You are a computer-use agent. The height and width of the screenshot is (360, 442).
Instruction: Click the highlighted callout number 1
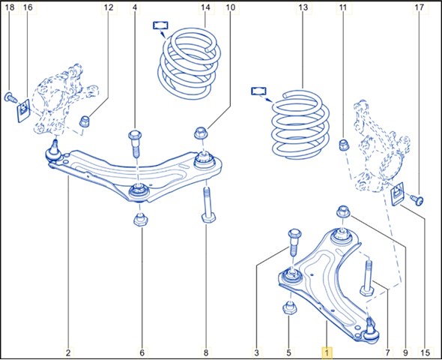pos(327,352)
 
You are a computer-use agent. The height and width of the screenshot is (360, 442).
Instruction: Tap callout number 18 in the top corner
pos(10,7)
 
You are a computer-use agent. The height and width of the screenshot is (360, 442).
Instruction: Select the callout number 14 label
pos(205,7)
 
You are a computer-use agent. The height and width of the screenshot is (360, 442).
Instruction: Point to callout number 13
pos(303,7)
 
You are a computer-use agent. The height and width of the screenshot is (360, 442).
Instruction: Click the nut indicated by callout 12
pos(85,121)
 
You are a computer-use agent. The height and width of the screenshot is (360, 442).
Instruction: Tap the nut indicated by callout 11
pos(343,145)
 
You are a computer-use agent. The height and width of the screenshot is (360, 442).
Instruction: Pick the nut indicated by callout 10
pos(201,133)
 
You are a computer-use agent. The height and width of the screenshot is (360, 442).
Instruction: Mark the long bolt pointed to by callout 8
pos(208,205)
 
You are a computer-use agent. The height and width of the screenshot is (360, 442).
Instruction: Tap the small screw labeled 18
pos(11,97)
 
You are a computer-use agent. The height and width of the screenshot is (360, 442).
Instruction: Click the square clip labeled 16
pos(24,110)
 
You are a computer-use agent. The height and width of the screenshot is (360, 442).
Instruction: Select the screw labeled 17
pos(417,200)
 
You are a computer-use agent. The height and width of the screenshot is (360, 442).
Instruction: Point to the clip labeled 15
pos(398,193)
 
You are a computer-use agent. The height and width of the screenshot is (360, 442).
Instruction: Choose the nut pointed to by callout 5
pos(289,307)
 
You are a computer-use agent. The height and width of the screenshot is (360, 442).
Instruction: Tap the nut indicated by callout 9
pos(343,211)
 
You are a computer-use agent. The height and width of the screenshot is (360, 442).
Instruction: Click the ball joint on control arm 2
pos(53,151)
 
